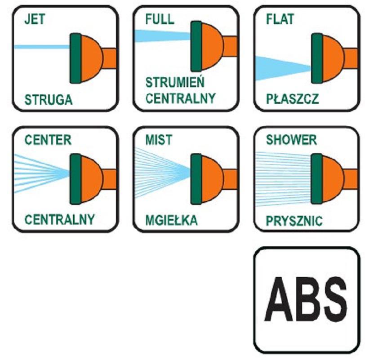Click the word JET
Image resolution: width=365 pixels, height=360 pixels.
(35, 19)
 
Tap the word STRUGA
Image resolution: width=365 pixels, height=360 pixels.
(49, 100)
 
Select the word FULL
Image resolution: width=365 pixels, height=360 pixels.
(160, 19)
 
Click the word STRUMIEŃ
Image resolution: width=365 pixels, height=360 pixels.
(175, 82)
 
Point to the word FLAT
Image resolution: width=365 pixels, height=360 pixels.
(280, 19)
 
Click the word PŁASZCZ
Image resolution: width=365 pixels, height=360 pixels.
(292, 99)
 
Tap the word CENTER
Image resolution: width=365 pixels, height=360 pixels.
(48, 140)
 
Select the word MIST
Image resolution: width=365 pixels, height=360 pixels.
(159, 140)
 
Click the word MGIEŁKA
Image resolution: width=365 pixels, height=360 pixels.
(172, 220)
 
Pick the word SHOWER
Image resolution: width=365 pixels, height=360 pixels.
(291, 140)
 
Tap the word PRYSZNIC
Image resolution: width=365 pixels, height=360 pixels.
(294, 221)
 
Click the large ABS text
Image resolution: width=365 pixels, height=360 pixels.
(305, 299)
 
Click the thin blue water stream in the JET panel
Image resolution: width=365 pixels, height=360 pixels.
(42, 47)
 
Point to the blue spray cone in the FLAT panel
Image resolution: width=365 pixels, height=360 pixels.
(283, 68)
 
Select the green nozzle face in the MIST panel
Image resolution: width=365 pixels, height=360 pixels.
(196, 179)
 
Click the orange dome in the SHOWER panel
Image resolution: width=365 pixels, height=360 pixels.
(333, 179)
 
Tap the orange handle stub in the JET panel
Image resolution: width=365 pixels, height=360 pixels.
(109, 58)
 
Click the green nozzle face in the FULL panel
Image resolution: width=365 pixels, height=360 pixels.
(196, 46)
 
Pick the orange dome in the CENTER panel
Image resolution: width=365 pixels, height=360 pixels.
(92, 179)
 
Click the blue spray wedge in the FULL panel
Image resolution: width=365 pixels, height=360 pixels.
(163, 36)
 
